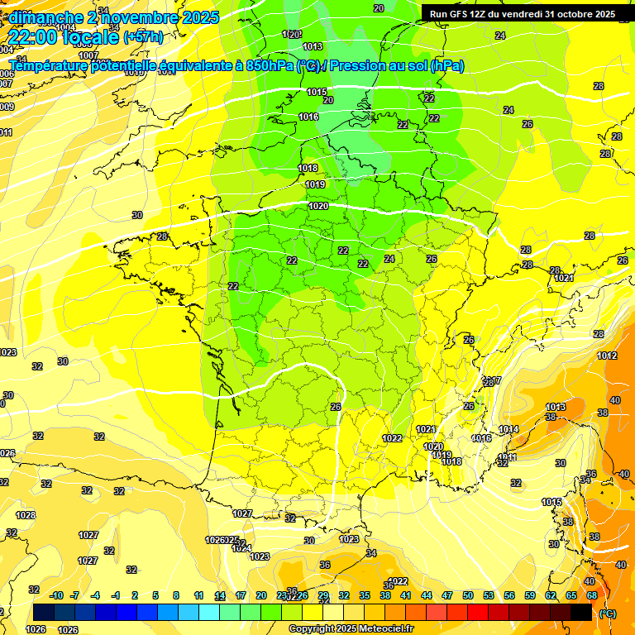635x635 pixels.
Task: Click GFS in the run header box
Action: pyautogui.click(x=460, y=14)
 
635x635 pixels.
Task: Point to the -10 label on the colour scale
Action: pyautogui.click(x=57, y=595)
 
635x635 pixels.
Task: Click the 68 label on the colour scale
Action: pyautogui.click(x=591, y=595)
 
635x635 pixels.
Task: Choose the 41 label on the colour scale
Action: pyautogui.click(x=406, y=595)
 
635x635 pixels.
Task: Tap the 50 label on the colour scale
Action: pyautogui.click(x=468, y=595)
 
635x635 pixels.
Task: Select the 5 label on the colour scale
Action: pyautogui.click(x=156, y=595)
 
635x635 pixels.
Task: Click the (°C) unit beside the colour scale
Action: pyautogui.click(x=608, y=614)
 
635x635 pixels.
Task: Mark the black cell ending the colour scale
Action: pyautogui.click(x=581, y=612)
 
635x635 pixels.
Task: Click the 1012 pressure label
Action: pyautogui.click(x=607, y=356)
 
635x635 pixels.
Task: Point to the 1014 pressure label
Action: pyautogui.click(x=508, y=429)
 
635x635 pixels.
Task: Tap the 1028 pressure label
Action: pyautogui.click(x=26, y=515)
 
